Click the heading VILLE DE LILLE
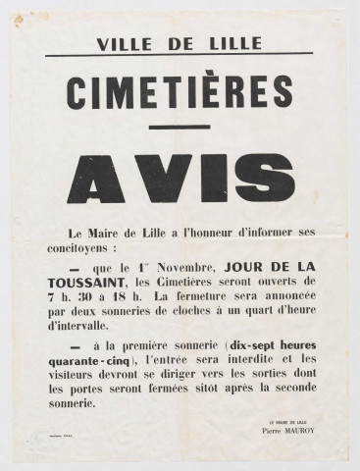(180, 42)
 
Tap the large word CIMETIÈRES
(180, 92)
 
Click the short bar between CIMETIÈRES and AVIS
(180, 127)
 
